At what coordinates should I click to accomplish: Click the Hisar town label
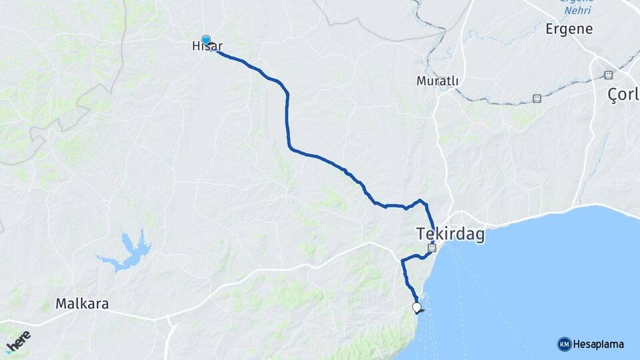[x=206, y=45]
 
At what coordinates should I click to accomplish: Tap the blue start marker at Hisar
[x=206, y=41]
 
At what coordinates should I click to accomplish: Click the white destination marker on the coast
[x=417, y=307]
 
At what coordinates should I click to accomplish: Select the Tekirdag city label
[x=451, y=234]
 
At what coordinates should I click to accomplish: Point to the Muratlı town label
[x=437, y=81]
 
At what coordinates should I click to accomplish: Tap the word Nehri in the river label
[x=577, y=10]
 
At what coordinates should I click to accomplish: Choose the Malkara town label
[x=82, y=304]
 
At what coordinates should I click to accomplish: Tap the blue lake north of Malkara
[x=127, y=252]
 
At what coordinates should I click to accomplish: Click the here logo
[x=18, y=341]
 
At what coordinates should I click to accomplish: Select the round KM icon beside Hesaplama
[x=564, y=344]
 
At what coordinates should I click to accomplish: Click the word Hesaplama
[x=598, y=344]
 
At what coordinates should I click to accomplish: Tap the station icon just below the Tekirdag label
[x=432, y=248]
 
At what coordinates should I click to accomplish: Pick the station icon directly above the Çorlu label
[x=608, y=75]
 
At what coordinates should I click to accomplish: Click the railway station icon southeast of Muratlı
[x=537, y=99]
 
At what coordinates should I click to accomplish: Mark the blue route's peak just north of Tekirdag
[x=420, y=200]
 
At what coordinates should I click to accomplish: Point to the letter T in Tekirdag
[x=421, y=234]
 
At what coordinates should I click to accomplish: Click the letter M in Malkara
[x=61, y=304]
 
